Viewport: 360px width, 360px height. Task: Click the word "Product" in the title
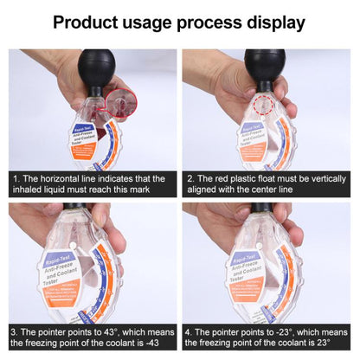(x=89, y=22)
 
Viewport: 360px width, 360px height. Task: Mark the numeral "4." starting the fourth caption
(x=190, y=331)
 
